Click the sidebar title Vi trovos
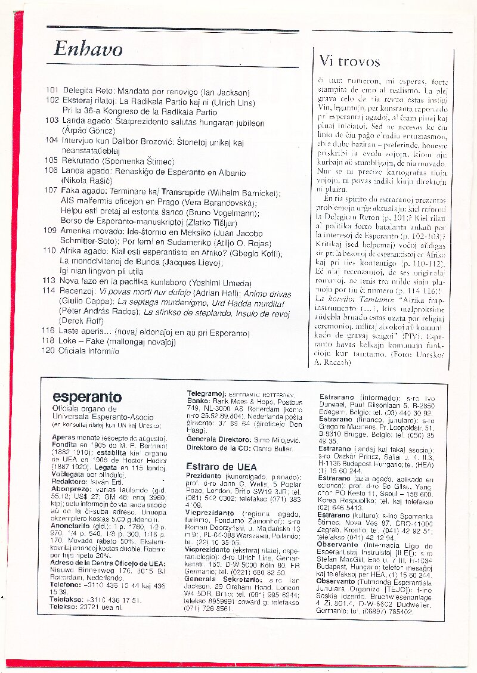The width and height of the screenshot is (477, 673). click(349, 61)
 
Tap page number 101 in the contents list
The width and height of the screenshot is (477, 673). click(52, 92)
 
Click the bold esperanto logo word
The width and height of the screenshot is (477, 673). click(86, 398)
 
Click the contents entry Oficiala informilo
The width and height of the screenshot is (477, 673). click(89, 351)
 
